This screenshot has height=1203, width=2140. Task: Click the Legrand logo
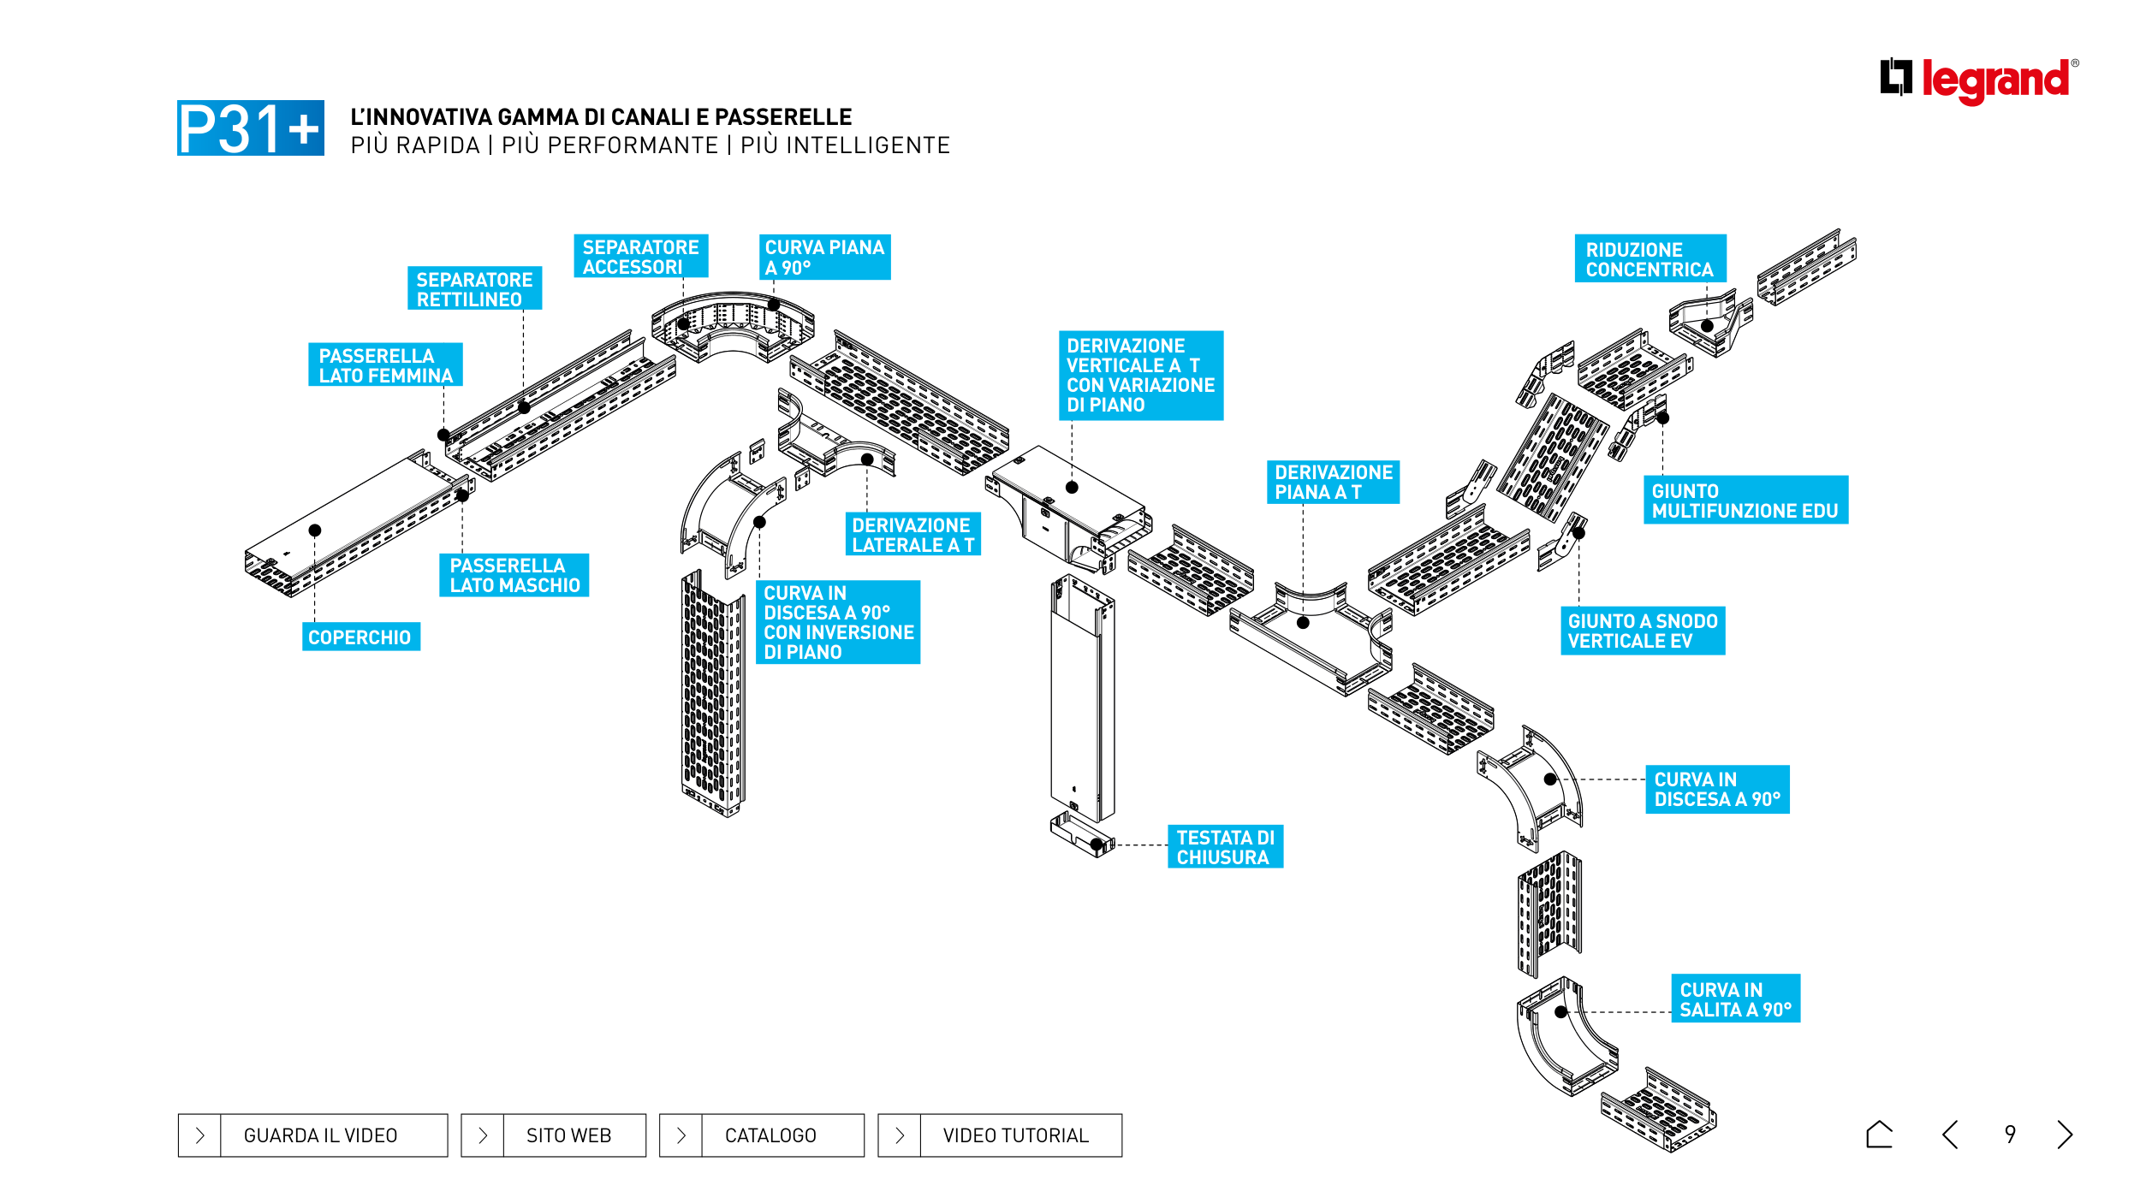(1979, 80)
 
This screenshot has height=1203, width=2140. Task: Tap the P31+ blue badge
(251, 127)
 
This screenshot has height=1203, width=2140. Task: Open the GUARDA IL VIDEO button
(312, 1135)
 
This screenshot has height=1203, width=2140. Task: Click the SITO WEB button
(553, 1135)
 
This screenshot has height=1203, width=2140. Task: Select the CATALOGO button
(762, 1135)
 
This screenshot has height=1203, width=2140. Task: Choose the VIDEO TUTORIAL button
(1000, 1135)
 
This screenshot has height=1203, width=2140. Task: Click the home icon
(1879, 1135)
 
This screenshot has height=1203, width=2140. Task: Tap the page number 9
(2010, 1135)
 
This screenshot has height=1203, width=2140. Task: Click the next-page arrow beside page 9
(2065, 1135)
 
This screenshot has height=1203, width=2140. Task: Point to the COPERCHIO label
(360, 637)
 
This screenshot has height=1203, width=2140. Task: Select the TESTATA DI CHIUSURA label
(1225, 847)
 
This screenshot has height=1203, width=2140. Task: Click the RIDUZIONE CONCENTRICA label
(1650, 258)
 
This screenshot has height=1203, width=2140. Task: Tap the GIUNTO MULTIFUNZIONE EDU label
(1745, 500)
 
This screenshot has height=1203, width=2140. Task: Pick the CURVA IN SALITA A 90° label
(1735, 999)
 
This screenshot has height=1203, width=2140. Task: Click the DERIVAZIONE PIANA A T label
(1333, 482)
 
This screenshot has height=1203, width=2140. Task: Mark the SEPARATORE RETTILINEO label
(474, 288)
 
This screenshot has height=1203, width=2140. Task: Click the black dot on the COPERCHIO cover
(315, 530)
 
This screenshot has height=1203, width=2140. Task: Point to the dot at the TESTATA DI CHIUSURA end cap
(1097, 844)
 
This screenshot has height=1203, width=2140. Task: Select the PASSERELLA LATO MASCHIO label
(514, 575)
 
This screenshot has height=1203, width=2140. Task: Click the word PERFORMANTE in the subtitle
(609, 145)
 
